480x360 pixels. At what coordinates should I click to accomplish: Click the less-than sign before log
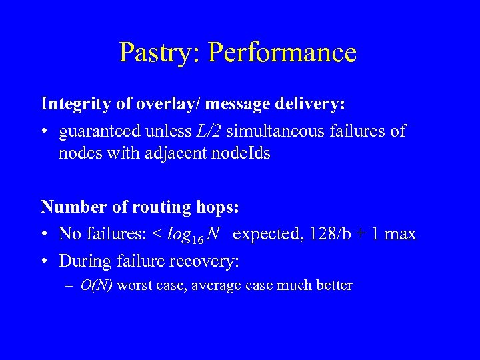[157, 235]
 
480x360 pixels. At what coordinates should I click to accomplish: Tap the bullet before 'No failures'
[45, 235]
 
